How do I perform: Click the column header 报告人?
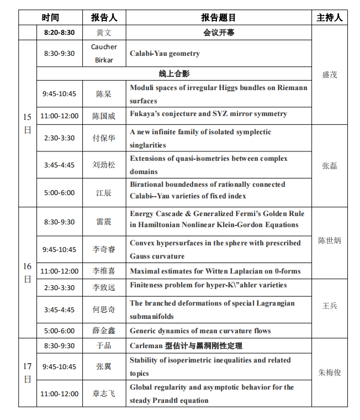click(x=104, y=18)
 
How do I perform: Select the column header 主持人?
click(x=329, y=18)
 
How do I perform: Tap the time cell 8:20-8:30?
click(x=60, y=33)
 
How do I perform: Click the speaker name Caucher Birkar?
click(x=104, y=54)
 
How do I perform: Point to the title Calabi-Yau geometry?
click(x=165, y=54)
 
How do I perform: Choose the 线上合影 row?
click(x=174, y=73)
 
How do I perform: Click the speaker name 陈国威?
click(x=104, y=116)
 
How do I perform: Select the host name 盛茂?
click(x=330, y=74)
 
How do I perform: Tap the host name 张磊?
click(x=330, y=165)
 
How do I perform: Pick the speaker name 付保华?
click(x=104, y=138)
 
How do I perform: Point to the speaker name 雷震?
click(x=104, y=222)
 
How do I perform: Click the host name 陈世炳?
click(x=330, y=240)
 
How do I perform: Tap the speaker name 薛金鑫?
click(x=104, y=331)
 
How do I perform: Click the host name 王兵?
click(x=330, y=305)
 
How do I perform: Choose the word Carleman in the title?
click(x=146, y=346)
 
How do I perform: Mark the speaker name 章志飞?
click(x=104, y=393)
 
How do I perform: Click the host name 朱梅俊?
click(x=330, y=372)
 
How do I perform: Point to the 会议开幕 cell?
click(x=219, y=33)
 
